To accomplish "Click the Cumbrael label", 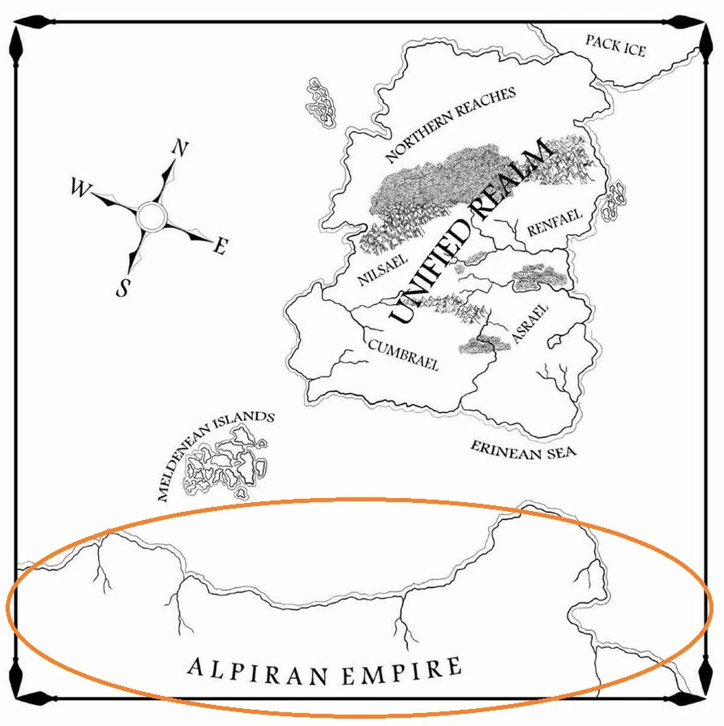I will click(x=403, y=354).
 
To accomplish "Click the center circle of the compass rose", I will click(x=151, y=217).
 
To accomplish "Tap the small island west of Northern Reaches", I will click(x=319, y=102).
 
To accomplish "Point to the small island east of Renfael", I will click(x=615, y=199).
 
